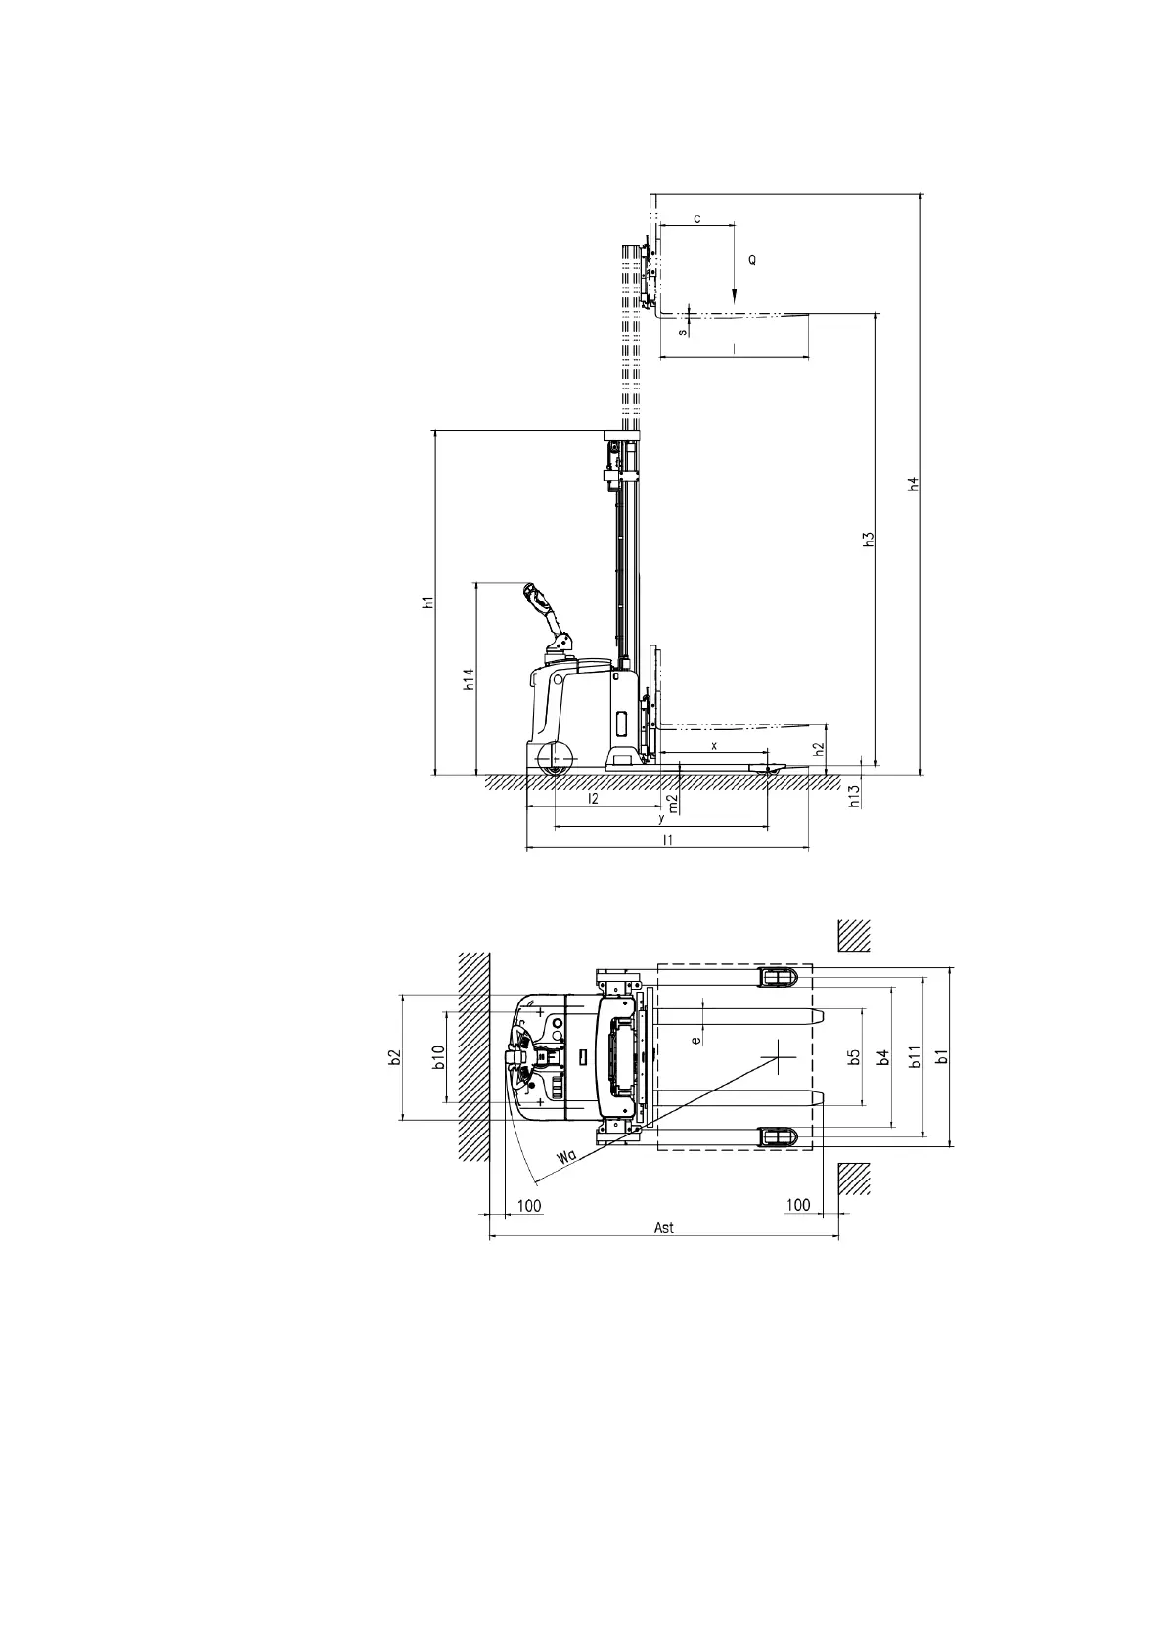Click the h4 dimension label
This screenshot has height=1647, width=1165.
[x=913, y=484]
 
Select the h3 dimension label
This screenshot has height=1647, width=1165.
[x=869, y=539]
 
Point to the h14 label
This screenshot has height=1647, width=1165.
[x=469, y=679]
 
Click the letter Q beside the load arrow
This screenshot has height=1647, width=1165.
[x=751, y=260]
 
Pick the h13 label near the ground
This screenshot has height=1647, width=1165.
[x=855, y=796]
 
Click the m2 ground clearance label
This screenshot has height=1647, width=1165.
[x=673, y=803]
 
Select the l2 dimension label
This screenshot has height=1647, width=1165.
[x=594, y=798]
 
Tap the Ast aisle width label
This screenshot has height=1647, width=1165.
[x=663, y=1227]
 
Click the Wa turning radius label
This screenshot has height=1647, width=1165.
[x=565, y=1157]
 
